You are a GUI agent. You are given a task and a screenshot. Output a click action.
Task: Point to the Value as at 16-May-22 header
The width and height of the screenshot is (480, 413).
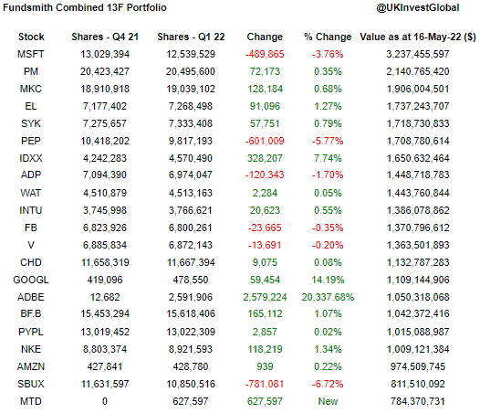pos(417,37)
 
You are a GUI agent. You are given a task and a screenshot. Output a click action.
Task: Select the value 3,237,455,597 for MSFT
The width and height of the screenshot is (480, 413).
pos(417,54)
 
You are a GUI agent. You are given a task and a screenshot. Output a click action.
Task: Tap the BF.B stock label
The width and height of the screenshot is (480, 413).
pos(31,314)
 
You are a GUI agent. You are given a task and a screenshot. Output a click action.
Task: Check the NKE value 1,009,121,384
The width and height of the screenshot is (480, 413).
pos(417,349)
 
